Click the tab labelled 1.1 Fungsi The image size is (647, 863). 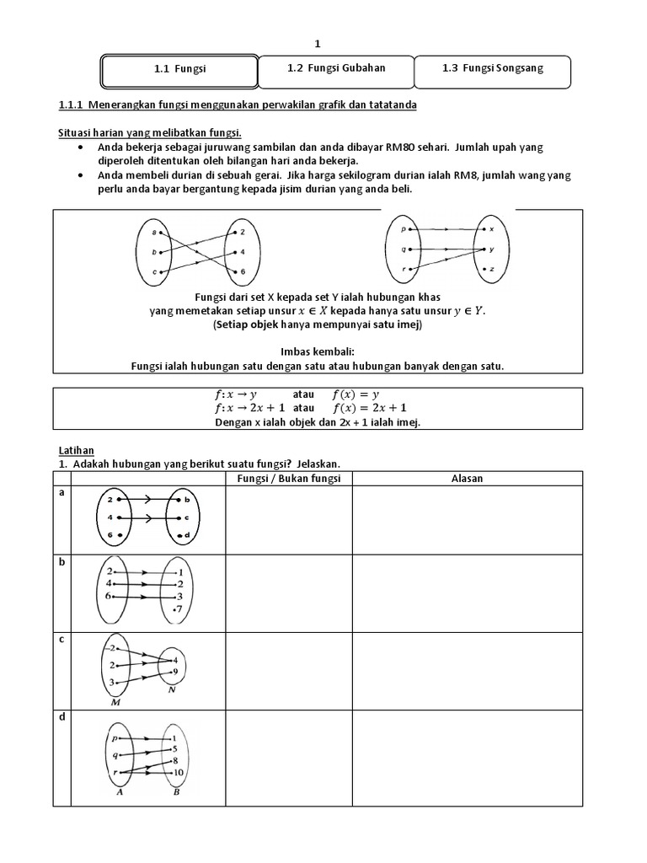click(179, 71)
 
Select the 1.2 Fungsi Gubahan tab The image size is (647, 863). click(335, 69)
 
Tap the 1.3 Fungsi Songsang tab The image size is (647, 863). click(492, 69)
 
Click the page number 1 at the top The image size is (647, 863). click(318, 43)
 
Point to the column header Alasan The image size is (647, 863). click(466, 478)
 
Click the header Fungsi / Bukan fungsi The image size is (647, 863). click(288, 478)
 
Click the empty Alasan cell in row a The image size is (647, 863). click(466, 519)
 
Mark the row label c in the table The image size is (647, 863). click(61, 639)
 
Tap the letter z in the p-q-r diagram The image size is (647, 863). click(492, 269)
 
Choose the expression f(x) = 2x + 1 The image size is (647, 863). click(370, 407)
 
